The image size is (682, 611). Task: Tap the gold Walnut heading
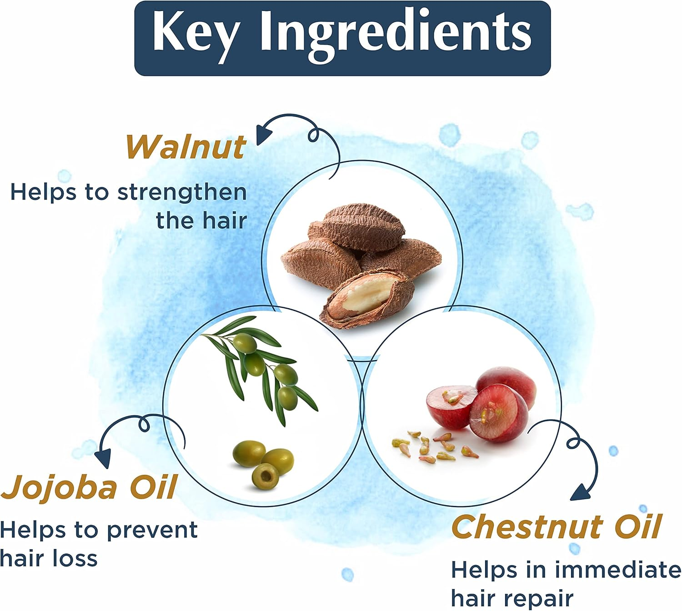coord(186,147)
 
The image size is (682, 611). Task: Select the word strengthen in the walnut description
coord(182,193)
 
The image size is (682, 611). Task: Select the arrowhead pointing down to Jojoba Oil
coord(103,459)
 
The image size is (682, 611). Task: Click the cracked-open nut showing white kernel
coord(366,298)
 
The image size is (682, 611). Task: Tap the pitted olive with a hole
coord(266,476)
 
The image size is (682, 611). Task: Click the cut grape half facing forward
coord(499,413)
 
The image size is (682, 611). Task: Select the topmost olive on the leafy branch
coord(245,343)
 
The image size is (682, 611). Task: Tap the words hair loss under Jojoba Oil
coord(49,558)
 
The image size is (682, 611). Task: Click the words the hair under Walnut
coord(201,221)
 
